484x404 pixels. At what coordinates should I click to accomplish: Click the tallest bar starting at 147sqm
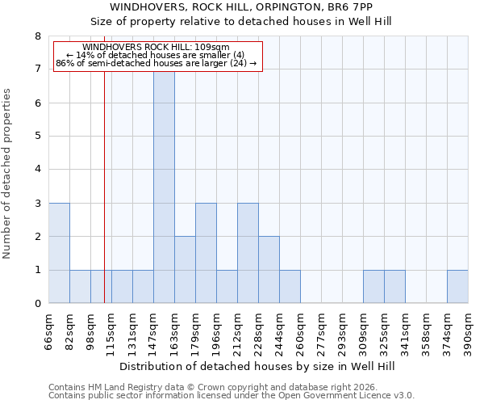click(x=164, y=187)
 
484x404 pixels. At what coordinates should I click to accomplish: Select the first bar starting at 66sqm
click(x=59, y=253)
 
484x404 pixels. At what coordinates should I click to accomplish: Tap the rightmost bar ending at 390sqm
click(x=457, y=287)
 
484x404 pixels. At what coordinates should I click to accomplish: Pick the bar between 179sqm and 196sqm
click(x=206, y=253)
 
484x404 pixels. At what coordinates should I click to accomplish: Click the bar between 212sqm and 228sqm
click(x=248, y=253)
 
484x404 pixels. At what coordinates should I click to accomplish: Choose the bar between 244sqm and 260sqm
click(x=290, y=287)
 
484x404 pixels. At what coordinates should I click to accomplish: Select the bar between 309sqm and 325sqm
click(x=373, y=287)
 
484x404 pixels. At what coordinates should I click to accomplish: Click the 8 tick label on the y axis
click(x=37, y=36)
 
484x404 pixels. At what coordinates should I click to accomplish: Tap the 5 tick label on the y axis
click(x=37, y=137)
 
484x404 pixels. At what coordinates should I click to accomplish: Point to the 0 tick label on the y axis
click(x=37, y=304)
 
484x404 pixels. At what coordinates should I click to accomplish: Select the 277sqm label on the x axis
click(x=321, y=333)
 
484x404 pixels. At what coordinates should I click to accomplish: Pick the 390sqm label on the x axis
click(x=468, y=333)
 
